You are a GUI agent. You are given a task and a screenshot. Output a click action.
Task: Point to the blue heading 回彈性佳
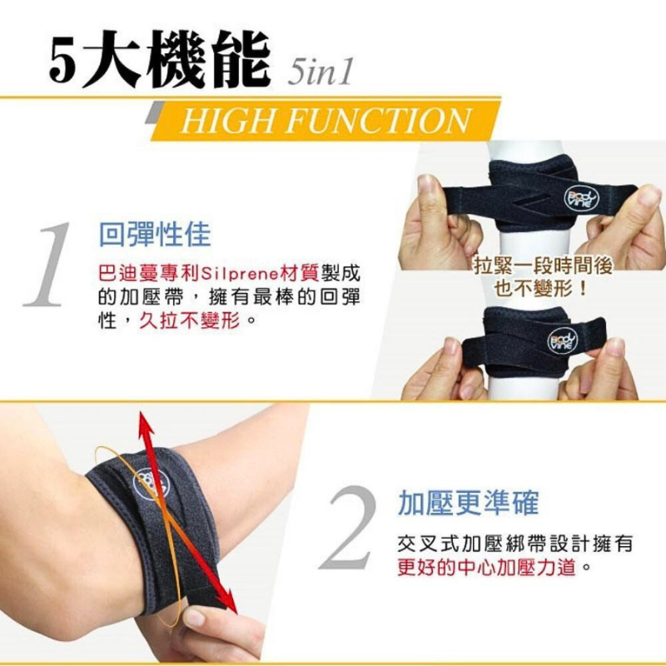point(154,234)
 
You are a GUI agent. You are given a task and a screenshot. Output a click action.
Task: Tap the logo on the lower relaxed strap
point(561,340)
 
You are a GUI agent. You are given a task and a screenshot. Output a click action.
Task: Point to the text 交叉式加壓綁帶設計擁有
point(515,544)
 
